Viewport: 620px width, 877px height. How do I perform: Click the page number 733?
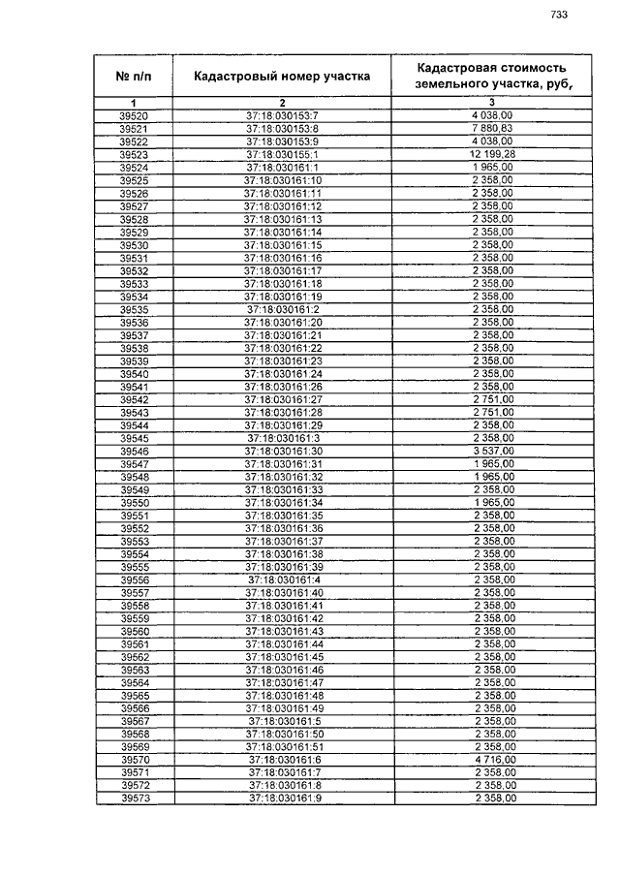tap(559, 14)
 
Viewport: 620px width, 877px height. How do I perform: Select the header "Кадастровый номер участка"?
tap(282, 75)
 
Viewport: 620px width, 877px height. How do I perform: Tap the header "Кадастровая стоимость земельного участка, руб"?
tap(490, 75)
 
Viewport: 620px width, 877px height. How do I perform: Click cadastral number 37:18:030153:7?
tap(283, 117)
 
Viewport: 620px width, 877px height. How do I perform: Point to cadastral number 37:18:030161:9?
tap(284, 799)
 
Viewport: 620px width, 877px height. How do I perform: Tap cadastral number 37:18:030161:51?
tap(284, 748)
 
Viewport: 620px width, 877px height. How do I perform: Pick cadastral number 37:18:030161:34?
tap(283, 503)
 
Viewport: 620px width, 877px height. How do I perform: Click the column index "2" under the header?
tap(282, 104)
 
